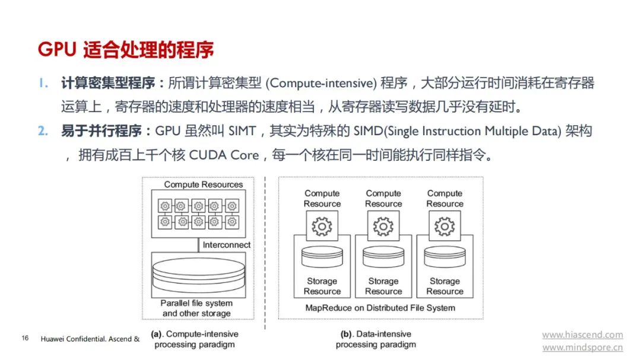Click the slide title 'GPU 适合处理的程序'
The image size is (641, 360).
[125, 50]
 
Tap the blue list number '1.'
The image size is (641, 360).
[44, 84]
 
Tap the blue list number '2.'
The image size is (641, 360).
[43, 131]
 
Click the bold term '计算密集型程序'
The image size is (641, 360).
[109, 83]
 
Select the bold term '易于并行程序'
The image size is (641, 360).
[101, 130]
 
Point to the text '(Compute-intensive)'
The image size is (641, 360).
[321, 84]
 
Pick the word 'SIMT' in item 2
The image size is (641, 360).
[242, 131]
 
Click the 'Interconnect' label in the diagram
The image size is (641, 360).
[227, 245]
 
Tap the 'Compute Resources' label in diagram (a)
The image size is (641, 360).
[204, 184]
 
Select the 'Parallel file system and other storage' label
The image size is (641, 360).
[196, 308]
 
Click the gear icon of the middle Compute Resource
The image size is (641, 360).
[383, 227]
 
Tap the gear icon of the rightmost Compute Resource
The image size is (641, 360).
[445, 227]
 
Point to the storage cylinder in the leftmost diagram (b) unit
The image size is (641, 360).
[322, 257]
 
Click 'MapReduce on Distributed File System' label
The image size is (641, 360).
[380, 308]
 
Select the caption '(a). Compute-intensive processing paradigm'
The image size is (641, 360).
[195, 339]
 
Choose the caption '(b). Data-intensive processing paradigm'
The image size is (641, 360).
[376, 339]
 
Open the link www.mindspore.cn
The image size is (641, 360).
[583, 348]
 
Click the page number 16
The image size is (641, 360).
[25, 338]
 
